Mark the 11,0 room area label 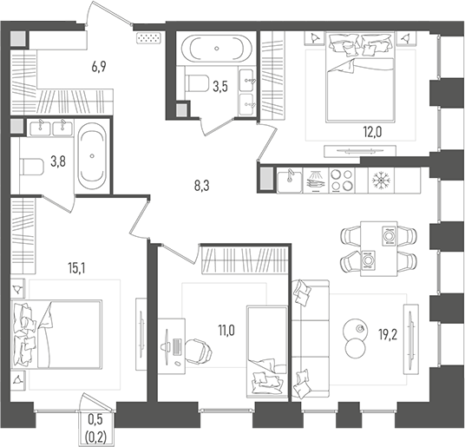tap(226, 329)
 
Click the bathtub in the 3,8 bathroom tap(92, 157)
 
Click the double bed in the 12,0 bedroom tap(358, 77)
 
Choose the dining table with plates tap(378, 247)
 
